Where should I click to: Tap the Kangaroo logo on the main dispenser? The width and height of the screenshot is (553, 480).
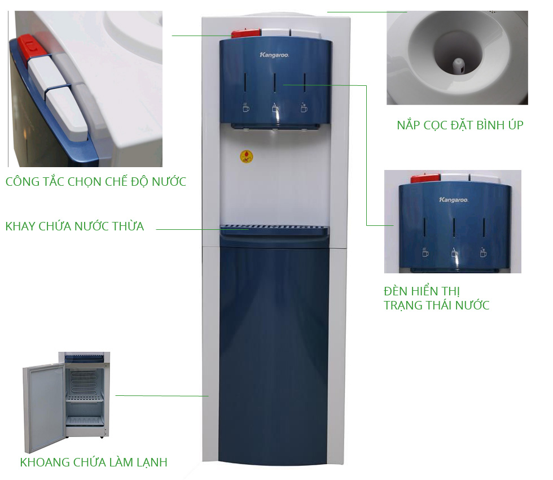[274, 55]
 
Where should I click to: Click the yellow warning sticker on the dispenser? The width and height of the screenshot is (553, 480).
[247, 156]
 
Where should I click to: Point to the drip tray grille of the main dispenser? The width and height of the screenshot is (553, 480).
[274, 226]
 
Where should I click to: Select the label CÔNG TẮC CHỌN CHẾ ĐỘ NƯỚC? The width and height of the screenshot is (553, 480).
[95, 181]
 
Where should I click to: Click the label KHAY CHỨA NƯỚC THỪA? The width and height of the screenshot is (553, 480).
[74, 226]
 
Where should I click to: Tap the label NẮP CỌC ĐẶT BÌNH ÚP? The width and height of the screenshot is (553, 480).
[460, 125]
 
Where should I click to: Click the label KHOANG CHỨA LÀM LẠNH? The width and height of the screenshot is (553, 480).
[94, 462]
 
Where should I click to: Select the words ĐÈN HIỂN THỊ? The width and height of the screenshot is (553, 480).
[422, 291]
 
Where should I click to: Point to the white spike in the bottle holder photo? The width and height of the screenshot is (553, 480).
[458, 66]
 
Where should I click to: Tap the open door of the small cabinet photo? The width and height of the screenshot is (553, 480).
[44, 407]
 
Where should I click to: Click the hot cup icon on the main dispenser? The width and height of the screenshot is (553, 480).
[246, 107]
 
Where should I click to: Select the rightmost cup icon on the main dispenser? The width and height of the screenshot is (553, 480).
[304, 108]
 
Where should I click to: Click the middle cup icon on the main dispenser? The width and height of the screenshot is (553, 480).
[275, 108]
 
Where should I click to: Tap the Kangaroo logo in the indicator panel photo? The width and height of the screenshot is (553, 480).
[453, 200]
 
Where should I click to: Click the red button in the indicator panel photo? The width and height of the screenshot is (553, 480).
[425, 178]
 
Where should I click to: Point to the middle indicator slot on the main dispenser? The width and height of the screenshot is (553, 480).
[275, 84]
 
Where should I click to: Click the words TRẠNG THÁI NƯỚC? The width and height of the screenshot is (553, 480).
[436, 306]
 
